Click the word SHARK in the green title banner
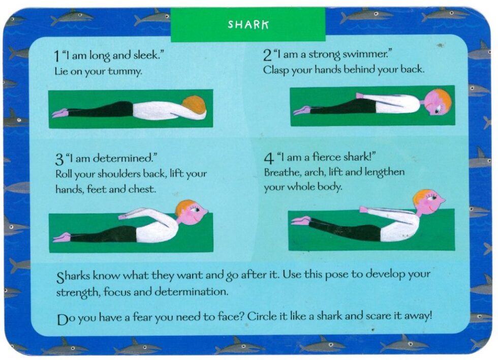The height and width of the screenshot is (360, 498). click(248, 24)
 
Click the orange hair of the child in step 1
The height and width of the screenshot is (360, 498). click(194, 104)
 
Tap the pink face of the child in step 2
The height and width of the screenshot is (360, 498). click(435, 104)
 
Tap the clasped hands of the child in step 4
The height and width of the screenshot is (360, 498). click(364, 209)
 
